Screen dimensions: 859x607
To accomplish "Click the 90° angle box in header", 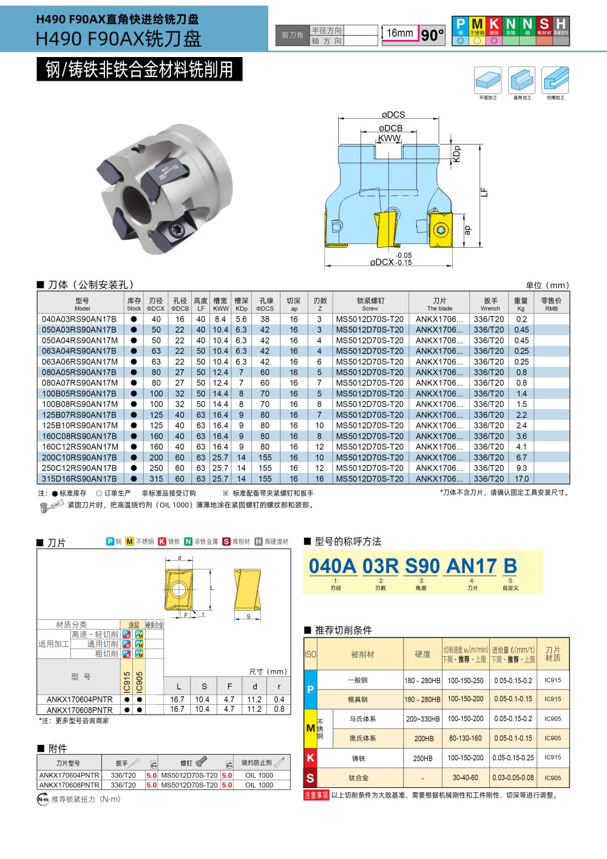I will tap(433, 35).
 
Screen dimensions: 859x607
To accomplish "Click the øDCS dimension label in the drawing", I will tap(393, 115).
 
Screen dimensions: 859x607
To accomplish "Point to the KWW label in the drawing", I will tap(389, 138).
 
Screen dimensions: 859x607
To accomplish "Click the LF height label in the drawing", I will tap(484, 192).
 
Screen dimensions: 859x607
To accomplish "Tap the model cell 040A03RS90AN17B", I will tap(79, 319).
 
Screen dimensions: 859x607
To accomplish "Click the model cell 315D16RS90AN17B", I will tap(79, 479).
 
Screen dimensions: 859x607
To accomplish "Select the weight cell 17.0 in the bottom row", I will tap(521, 479).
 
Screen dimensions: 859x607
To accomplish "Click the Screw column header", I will tap(370, 304).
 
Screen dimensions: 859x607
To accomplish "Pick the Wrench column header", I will tap(490, 304).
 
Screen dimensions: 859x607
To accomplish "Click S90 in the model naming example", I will tap(422, 566).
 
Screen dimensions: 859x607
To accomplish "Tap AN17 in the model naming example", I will tap(472, 566).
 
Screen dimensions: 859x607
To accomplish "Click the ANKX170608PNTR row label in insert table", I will tap(80, 710).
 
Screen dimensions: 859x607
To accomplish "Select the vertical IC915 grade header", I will tap(127, 682).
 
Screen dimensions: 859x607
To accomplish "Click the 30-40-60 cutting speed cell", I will tap(466, 778).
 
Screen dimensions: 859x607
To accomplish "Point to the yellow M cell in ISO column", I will tap(310, 728).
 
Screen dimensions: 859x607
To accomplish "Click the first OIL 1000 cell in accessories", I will tap(259, 775).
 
